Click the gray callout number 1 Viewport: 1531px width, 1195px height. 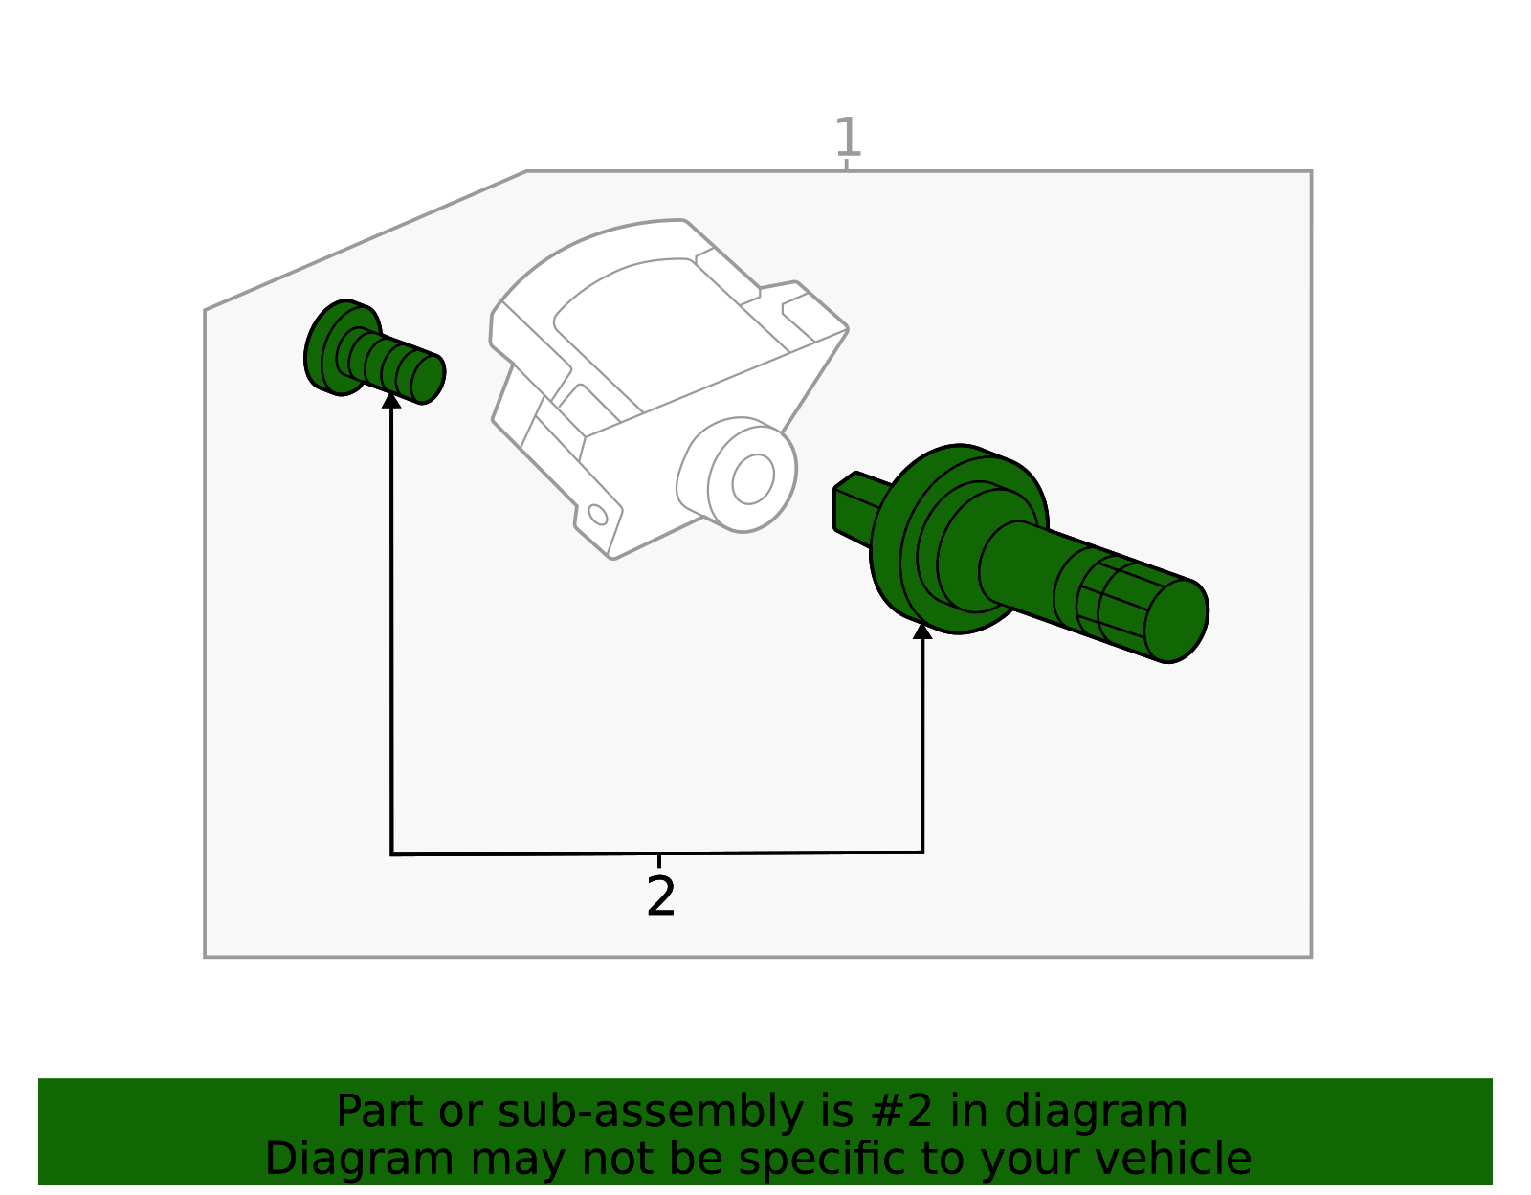[x=847, y=138]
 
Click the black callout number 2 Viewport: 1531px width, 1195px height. [x=660, y=897]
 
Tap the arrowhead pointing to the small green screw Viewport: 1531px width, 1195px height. [x=391, y=400]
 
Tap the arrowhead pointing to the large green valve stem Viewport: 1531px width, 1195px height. [x=922, y=630]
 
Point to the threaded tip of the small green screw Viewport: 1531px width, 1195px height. [x=427, y=379]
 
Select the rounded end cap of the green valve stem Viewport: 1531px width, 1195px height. [x=1176, y=621]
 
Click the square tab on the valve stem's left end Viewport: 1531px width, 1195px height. [x=851, y=506]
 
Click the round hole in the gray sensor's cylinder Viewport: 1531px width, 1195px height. [x=753, y=478]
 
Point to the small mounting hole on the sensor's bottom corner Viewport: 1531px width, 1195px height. [x=598, y=515]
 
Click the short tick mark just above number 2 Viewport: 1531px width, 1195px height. [x=658, y=861]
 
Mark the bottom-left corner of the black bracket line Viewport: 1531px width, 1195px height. [x=391, y=853]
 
